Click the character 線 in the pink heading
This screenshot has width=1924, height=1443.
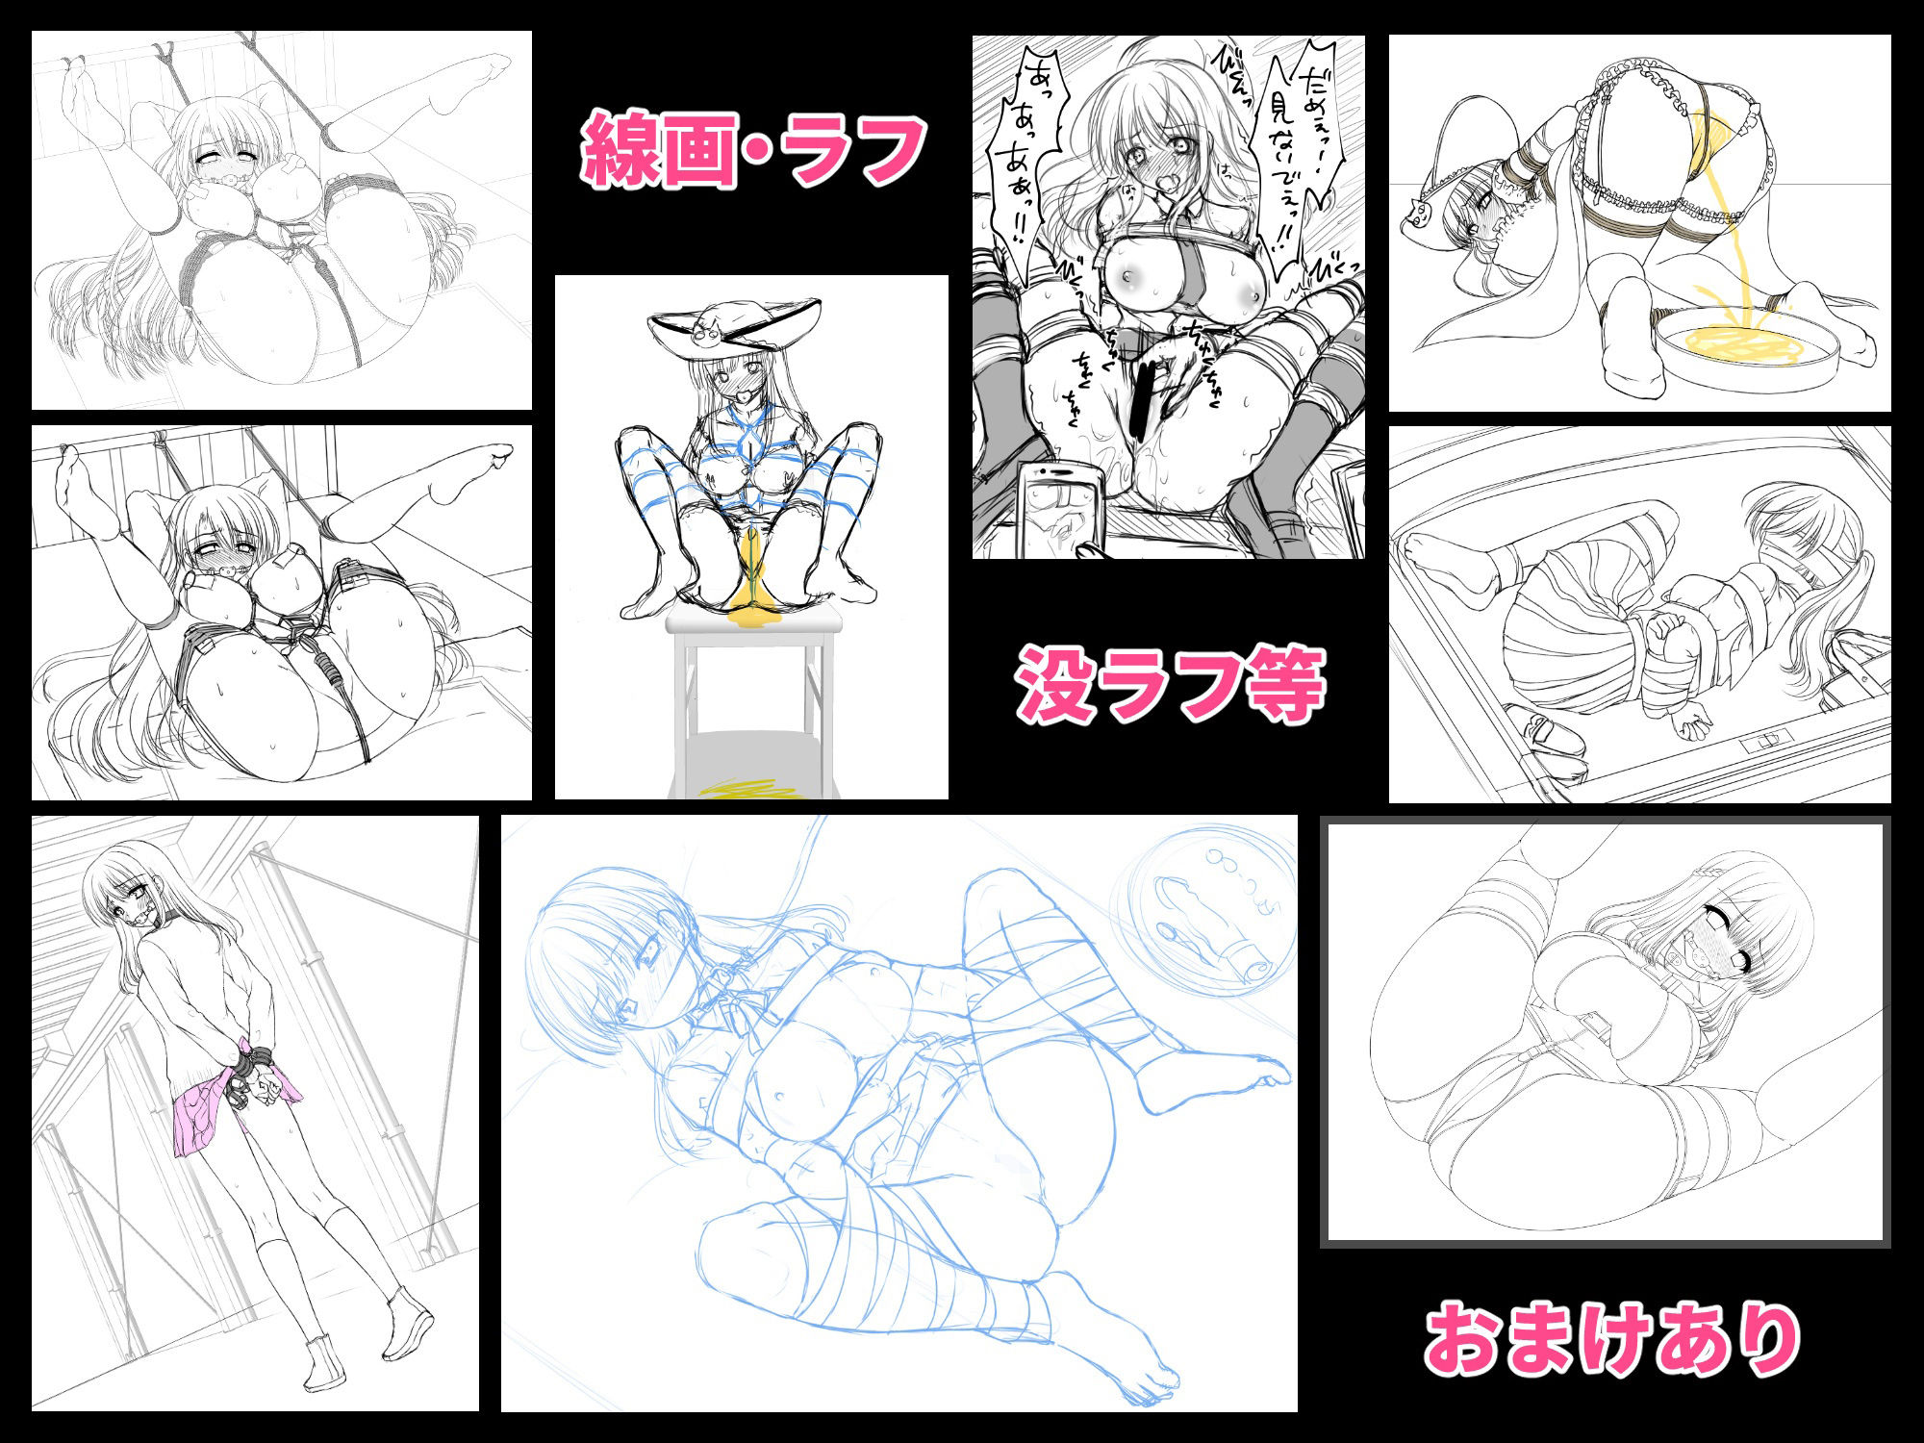pyautogui.click(x=621, y=151)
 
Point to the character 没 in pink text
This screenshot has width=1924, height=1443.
pyautogui.click(x=1056, y=684)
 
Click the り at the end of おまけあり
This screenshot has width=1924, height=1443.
pyautogui.click(x=1764, y=1340)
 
